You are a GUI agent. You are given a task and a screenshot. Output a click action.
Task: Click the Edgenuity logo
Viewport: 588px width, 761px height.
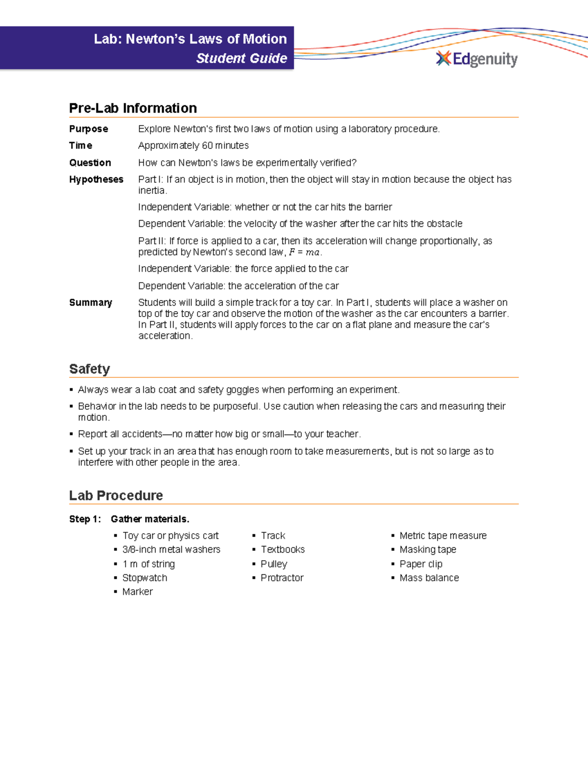476,59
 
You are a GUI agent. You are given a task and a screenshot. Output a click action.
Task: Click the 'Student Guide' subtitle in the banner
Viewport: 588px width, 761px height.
242,58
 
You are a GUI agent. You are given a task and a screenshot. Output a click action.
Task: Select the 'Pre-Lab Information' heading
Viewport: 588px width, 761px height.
133,108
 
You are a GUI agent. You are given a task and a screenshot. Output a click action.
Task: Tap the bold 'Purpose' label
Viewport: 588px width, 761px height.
89,129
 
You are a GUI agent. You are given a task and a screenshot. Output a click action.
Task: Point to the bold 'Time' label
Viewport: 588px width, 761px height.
81,146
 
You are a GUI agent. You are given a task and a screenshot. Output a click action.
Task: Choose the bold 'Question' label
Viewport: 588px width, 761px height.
90,163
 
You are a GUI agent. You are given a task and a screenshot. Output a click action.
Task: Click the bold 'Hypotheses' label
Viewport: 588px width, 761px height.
96,179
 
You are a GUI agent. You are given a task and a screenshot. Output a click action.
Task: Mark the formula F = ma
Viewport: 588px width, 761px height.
304,252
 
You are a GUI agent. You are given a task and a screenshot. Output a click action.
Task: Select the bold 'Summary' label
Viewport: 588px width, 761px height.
91,302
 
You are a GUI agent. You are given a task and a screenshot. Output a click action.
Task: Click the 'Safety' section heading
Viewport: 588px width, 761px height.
90,369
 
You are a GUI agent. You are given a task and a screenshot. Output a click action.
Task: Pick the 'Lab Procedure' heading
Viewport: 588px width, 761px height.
116,495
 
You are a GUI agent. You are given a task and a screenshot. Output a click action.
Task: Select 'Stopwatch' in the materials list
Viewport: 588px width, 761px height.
145,578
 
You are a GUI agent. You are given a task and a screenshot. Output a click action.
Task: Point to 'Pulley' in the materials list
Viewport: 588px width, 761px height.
274,564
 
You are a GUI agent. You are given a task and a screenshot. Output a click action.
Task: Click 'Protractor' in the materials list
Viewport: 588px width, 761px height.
282,578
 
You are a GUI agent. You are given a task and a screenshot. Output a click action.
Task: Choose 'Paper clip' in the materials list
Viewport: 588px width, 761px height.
421,564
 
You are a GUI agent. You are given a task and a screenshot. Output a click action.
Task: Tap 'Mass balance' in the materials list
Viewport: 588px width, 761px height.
429,578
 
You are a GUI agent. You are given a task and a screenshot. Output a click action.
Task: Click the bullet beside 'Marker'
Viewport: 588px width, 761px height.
116,592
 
